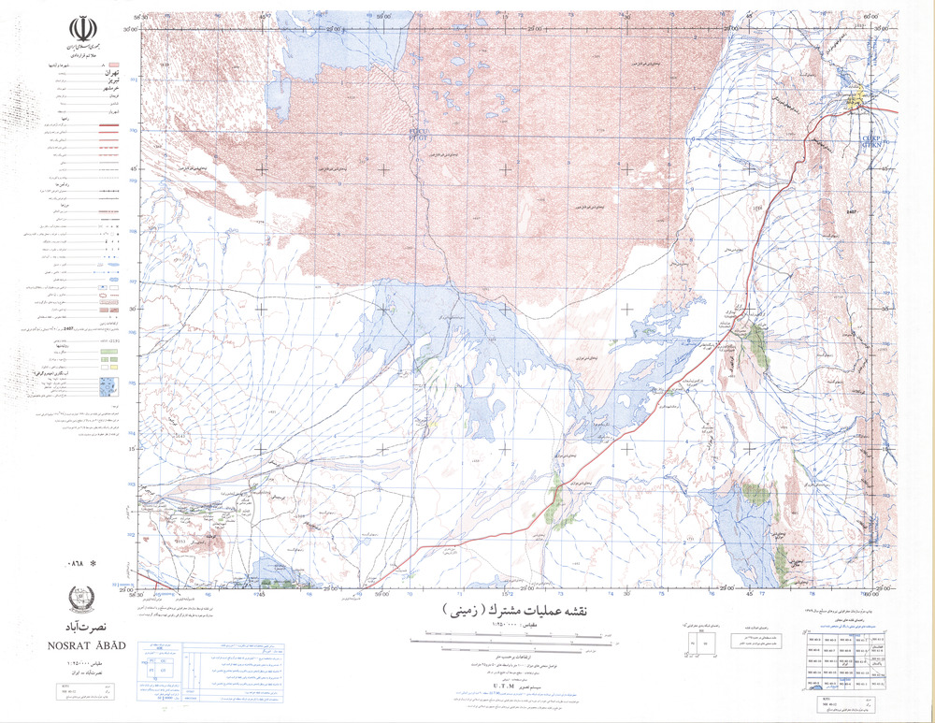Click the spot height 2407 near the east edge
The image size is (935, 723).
point(851,213)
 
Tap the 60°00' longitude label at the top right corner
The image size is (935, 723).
point(871,16)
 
